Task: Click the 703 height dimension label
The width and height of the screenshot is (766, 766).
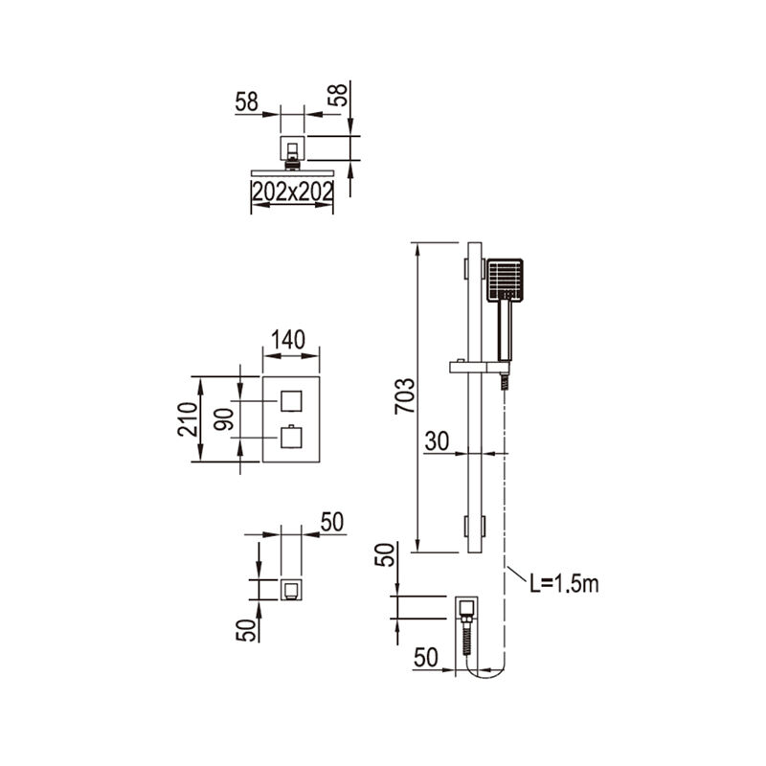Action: (x=404, y=396)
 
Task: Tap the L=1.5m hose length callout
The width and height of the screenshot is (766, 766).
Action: (x=564, y=584)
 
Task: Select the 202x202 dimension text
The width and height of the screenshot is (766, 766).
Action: (x=292, y=191)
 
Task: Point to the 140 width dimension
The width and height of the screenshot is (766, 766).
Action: (x=288, y=340)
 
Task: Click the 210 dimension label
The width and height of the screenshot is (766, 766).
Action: (x=188, y=418)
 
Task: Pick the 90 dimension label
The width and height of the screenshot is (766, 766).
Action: (x=224, y=418)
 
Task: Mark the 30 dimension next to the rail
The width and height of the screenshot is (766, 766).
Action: (x=437, y=441)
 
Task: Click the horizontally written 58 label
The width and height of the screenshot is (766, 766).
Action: (x=247, y=102)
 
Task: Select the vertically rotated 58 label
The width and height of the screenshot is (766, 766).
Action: (x=338, y=95)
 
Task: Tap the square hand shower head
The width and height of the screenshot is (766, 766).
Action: (x=505, y=280)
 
